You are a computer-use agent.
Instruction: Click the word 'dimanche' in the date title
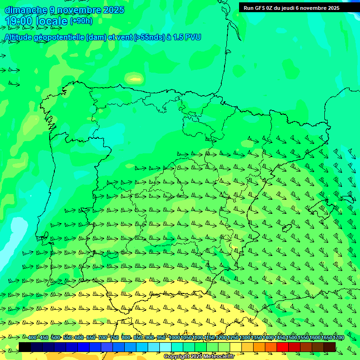pyautogui.click(x=26, y=10)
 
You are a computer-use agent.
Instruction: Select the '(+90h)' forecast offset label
pyautogui.click(x=81, y=21)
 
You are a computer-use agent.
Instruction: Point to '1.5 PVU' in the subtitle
pyautogui.click(x=187, y=37)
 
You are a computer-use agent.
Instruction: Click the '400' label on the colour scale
pyautogui.click(x=32, y=338)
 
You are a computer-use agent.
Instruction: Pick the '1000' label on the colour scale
pyautogui.click(x=174, y=338)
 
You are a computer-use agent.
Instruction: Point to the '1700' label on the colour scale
pyautogui.click(x=338, y=338)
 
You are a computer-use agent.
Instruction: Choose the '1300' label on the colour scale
pyautogui.click(x=244, y=338)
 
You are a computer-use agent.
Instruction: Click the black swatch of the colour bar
pyautogui.click(x=25, y=347)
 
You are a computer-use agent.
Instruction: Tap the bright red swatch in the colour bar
pyautogui.click(x=283, y=347)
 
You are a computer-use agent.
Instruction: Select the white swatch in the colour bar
pyautogui.click(x=165, y=347)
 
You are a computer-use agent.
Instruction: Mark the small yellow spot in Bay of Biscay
pyautogui.click(x=135, y=78)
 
